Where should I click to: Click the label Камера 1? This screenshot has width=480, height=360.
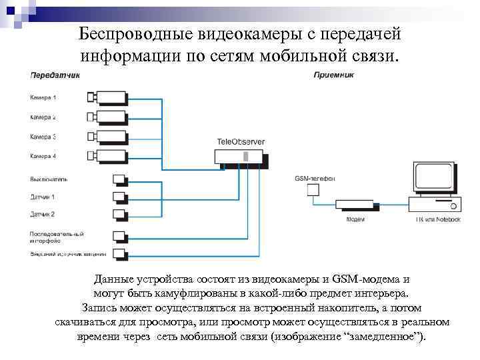(43, 98)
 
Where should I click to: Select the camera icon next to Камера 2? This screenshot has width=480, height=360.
(106, 117)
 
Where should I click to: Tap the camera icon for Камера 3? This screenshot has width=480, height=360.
(106, 137)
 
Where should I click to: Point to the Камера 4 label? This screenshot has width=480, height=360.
(43, 156)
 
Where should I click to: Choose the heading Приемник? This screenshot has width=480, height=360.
(333, 75)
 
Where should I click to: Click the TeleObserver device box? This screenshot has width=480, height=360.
(239, 157)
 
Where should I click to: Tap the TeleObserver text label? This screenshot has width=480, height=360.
(241, 142)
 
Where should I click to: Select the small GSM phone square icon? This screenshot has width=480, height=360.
(313, 191)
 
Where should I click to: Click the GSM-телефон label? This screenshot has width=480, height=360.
(315, 179)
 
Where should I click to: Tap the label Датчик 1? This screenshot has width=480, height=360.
(43, 197)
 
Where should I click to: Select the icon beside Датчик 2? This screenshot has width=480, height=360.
(120, 214)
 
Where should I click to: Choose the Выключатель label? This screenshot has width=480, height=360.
(49, 179)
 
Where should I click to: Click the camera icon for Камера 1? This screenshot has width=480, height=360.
(106, 97)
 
